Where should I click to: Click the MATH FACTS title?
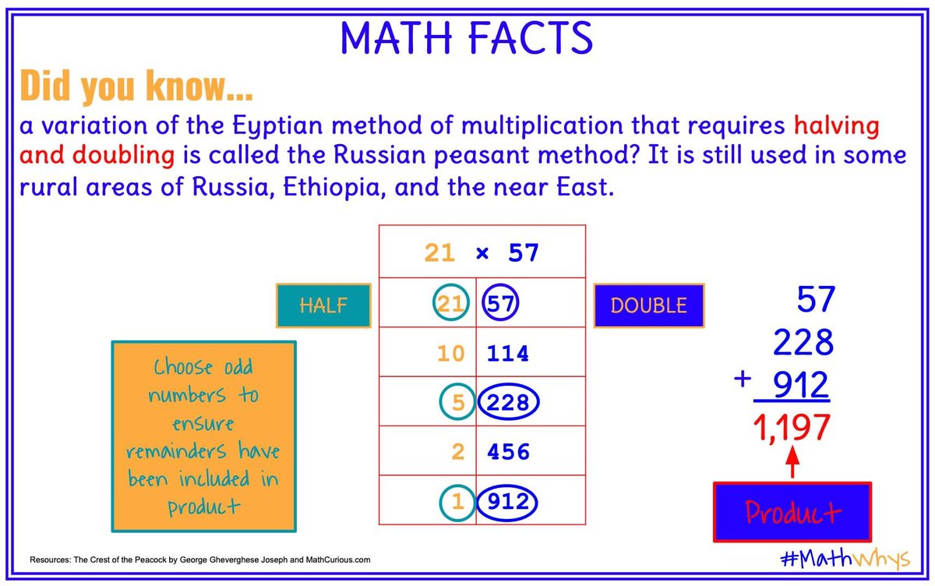click(x=466, y=37)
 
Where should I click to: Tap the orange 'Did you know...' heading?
click(x=136, y=86)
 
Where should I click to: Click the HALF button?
click(x=323, y=305)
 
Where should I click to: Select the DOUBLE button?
click(x=648, y=305)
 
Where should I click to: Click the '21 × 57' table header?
click(x=482, y=252)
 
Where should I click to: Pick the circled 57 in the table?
click(x=500, y=304)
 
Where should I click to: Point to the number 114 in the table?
click(x=508, y=354)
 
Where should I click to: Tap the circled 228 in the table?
click(x=508, y=402)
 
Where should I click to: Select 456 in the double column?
click(x=508, y=452)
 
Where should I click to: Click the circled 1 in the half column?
click(x=457, y=503)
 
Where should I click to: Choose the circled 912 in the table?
click(x=508, y=503)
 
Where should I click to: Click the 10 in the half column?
click(x=450, y=354)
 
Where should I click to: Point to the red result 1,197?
click(x=792, y=428)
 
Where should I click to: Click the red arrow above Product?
click(x=792, y=463)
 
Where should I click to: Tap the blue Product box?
click(x=792, y=512)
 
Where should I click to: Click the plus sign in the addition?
click(x=743, y=379)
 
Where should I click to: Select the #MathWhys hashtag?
click(x=844, y=559)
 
